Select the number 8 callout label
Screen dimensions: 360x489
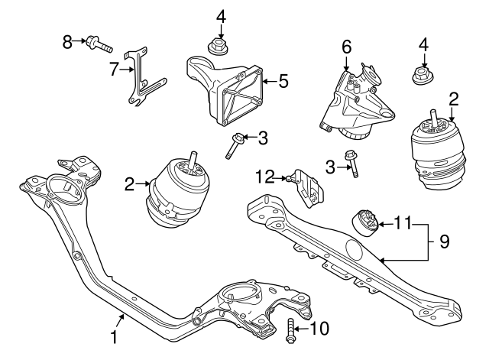coord(66,40)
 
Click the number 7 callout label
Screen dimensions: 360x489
coord(115,70)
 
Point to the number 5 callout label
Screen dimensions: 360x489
coord(283,79)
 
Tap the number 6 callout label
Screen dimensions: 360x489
coord(346,47)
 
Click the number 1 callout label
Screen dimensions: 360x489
coord(115,337)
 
